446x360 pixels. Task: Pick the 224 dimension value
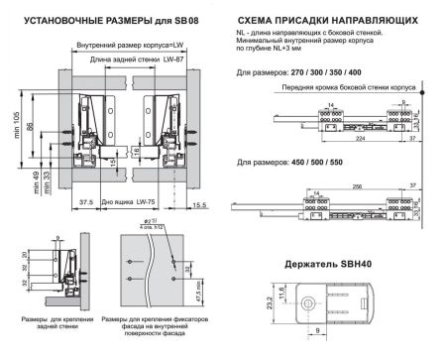click(362, 140)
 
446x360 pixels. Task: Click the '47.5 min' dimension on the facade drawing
click(198, 294)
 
